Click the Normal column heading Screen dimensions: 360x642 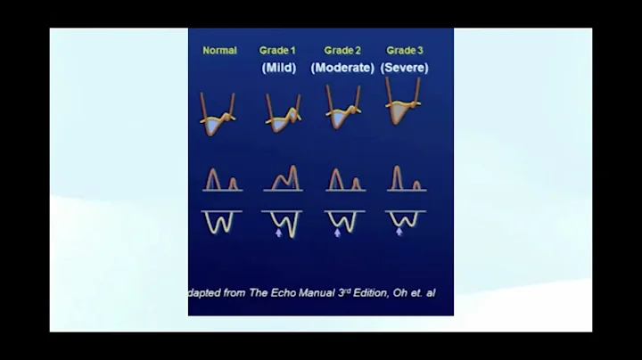(x=219, y=51)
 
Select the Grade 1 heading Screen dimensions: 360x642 (x=276, y=51)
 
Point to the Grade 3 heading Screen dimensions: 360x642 (x=404, y=51)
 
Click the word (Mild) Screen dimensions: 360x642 (x=277, y=68)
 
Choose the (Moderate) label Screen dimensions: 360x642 (x=342, y=68)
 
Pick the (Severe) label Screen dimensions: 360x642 (x=405, y=68)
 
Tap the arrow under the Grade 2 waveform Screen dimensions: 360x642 (x=338, y=233)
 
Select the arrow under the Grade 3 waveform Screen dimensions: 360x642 (x=399, y=232)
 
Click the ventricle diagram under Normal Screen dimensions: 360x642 (x=217, y=115)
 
